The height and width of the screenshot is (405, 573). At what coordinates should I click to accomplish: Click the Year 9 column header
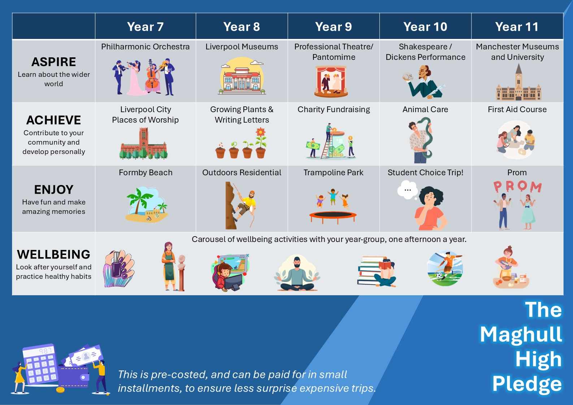tap(333, 27)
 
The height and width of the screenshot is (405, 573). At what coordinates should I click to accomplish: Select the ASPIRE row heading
tap(54, 62)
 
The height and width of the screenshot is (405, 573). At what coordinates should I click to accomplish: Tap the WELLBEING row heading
tap(54, 254)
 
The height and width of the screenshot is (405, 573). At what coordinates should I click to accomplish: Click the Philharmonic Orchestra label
tap(145, 47)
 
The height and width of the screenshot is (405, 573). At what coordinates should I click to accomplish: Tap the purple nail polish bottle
tap(116, 265)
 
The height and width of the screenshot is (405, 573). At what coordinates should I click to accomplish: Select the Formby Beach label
tap(146, 172)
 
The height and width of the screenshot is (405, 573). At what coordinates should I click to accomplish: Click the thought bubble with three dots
tap(408, 190)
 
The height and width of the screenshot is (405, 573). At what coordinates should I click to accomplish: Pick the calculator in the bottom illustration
tap(40, 364)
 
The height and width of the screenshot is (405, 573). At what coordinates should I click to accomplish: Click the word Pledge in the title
tap(527, 384)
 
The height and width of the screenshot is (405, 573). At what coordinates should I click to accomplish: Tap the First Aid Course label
tap(517, 109)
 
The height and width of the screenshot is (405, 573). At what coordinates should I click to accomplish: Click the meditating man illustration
tap(297, 273)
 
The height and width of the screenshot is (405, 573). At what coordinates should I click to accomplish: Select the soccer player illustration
tap(445, 268)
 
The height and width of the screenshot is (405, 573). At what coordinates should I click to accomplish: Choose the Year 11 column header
tap(517, 27)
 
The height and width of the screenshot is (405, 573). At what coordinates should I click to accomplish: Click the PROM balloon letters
tap(517, 187)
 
